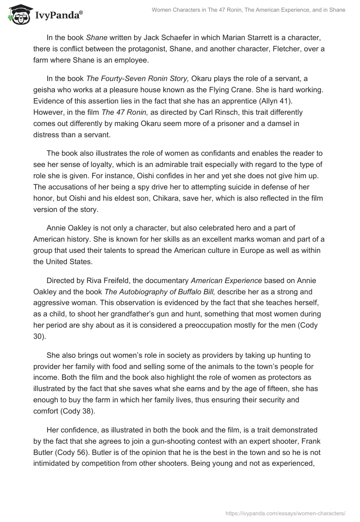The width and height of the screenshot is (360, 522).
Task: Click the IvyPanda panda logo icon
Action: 18,13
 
